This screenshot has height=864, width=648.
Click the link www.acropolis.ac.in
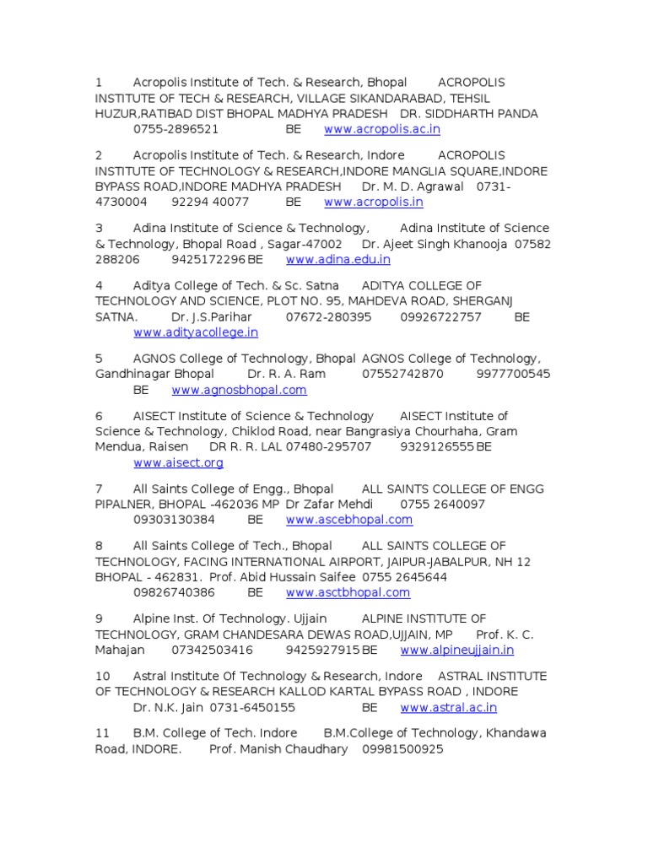click(x=381, y=130)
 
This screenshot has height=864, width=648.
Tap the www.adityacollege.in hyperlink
click(x=196, y=333)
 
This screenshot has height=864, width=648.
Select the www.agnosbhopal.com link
click(x=239, y=391)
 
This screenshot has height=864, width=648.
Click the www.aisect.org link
click(x=178, y=463)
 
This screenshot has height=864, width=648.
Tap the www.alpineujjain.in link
click(x=456, y=651)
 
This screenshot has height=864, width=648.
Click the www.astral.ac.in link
click(x=448, y=708)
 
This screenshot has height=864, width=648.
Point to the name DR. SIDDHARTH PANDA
click(x=469, y=114)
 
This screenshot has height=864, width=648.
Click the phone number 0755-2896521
click(x=175, y=130)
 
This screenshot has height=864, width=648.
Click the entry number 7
click(x=99, y=489)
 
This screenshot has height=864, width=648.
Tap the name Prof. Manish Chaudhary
click(x=278, y=749)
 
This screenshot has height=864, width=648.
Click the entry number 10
click(x=102, y=677)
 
